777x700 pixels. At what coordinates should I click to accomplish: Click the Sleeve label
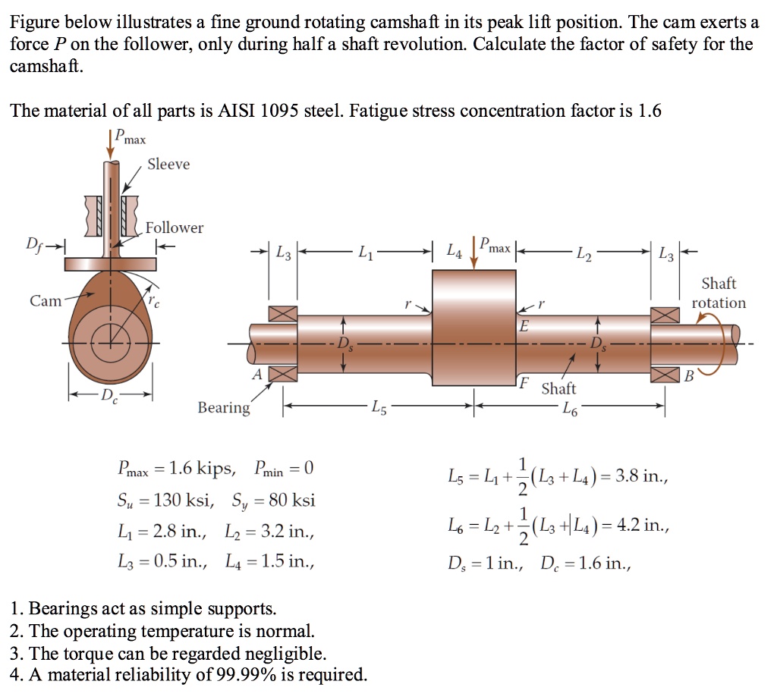pos(168,165)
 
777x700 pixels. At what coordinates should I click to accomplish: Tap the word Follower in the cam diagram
pos(175,228)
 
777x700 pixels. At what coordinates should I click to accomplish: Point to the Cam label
pos(46,301)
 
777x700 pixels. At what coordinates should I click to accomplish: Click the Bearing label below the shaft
pos(224,408)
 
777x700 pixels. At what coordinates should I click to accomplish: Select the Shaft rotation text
pos(719,293)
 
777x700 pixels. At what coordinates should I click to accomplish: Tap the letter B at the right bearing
pos(689,375)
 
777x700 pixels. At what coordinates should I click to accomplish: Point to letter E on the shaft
pos(523,327)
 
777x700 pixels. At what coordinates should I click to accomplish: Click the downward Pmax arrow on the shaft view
pos(474,254)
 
